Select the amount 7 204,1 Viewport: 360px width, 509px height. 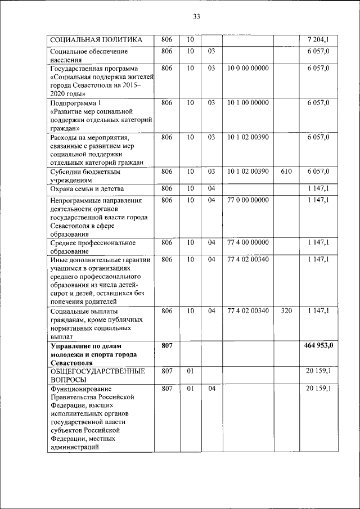318,39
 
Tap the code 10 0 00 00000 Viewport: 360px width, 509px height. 248,68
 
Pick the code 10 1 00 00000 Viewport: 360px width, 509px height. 248,103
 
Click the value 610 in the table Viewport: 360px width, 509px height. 286,171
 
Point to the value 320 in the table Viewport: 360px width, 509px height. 286,310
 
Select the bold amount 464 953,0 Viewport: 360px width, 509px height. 318,345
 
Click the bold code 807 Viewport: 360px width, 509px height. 166,345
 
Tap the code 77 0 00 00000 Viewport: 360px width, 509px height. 248,200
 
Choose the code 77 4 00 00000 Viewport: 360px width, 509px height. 248,242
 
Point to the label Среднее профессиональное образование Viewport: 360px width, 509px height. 93,247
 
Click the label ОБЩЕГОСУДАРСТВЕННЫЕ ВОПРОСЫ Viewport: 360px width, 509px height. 97,375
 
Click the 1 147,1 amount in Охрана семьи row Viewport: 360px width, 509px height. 318,189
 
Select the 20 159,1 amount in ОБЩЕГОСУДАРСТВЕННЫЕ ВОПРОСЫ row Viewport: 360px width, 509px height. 318,371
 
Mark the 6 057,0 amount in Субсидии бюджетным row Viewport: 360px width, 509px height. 318,171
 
